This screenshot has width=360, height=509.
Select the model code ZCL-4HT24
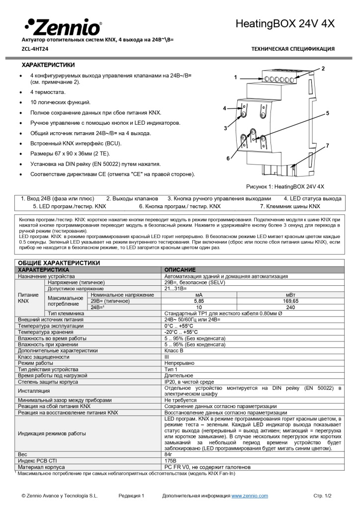35,49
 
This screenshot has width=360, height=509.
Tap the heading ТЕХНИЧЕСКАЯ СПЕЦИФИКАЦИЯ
293,49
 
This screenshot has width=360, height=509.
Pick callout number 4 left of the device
224,108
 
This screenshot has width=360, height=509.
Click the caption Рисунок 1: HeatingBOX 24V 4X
285,186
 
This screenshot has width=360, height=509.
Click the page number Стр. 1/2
322,496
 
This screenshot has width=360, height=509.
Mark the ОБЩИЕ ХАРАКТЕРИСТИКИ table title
59,263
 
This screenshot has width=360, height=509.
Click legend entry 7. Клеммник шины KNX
290,205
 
